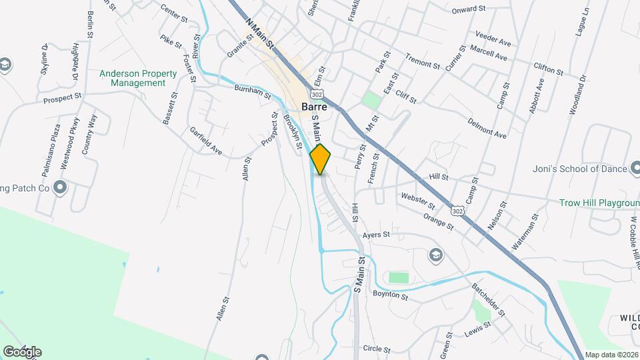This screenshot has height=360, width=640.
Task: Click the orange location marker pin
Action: pyautogui.click(x=321, y=159)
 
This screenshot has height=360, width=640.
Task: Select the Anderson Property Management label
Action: pyautogui.click(x=138, y=79)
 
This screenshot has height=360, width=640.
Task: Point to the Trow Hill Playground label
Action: pyautogui.click(x=600, y=203)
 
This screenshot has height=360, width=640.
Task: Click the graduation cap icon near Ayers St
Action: pyautogui.click(x=435, y=255)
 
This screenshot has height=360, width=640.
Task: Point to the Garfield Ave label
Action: pyautogui.click(x=205, y=141)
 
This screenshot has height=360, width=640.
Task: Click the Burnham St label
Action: pyautogui.click(x=253, y=92)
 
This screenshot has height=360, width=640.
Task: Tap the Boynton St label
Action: pyautogui.click(x=390, y=294)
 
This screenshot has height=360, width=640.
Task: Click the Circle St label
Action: pyautogui.click(x=377, y=349)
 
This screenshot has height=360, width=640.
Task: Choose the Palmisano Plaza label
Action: pyautogui.click(x=51, y=149)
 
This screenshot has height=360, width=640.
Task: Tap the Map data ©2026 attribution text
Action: pyautogui.click(x=611, y=355)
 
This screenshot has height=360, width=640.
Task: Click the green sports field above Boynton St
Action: pyautogui.click(x=399, y=277)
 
